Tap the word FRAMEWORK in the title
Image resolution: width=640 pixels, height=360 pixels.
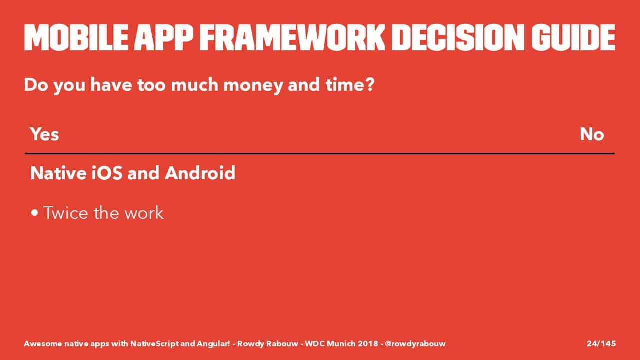point(292,37)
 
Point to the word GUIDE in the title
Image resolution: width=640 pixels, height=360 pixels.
point(573,37)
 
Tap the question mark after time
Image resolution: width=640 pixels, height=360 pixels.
point(369,84)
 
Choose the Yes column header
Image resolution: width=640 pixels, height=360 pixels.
point(45,134)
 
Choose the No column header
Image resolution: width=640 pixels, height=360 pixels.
point(592,134)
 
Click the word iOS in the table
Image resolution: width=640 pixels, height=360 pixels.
point(107,173)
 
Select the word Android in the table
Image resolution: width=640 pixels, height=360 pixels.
point(200,173)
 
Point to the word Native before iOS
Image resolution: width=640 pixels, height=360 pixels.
point(58,173)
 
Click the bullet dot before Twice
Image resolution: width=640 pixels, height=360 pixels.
point(35,213)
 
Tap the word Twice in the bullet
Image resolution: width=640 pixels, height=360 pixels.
point(66,213)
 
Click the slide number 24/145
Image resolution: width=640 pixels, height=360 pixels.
point(601,343)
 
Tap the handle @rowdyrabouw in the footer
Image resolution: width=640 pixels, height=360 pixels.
point(415,344)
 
